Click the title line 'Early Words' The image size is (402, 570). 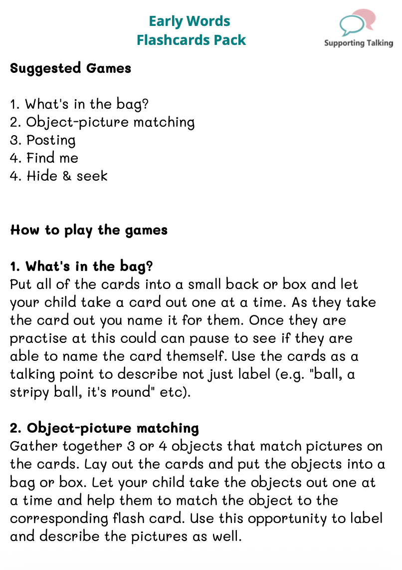pyautogui.click(x=190, y=21)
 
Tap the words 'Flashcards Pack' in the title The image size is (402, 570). pyautogui.click(x=192, y=40)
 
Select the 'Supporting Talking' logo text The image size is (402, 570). pyautogui.click(x=359, y=43)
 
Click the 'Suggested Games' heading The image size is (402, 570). pyautogui.click(x=70, y=68)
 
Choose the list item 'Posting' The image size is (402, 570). pyautogui.click(x=51, y=140)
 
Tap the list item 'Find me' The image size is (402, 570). pyautogui.click(x=52, y=158)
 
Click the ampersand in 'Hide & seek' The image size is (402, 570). pyautogui.click(x=67, y=176)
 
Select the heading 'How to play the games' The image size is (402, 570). pyautogui.click(x=89, y=230)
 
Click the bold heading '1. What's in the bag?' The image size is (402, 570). pyautogui.click(x=81, y=266)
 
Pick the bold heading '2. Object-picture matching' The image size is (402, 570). pyautogui.click(x=105, y=428)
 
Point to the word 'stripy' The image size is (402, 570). pyautogui.click(x=29, y=393)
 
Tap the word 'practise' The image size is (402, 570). pyautogui.click(x=38, y=338)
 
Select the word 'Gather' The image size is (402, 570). pyautogui.click(x=33, y=446)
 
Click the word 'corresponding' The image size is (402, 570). pyautogui.click(x=59, y=519)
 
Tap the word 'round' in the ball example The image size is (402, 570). pyautogui.click(x=131, y=392)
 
